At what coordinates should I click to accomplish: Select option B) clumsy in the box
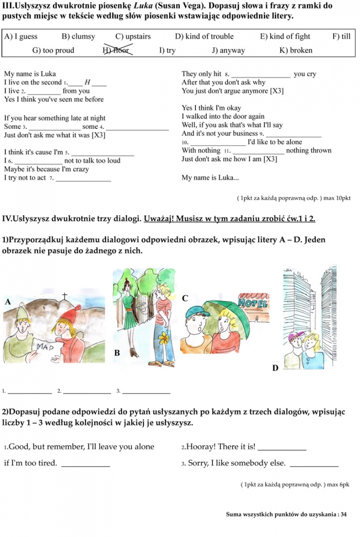coord(78,37)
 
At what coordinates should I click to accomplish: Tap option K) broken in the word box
coord(296,50)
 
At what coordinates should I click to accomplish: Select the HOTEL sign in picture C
coord(253,303)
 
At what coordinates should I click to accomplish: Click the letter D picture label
coord(275,368)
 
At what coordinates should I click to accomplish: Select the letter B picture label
coord(117,352)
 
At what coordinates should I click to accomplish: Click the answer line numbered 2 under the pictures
coord(87,392)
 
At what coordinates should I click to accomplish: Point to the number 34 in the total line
coord(344,514)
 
